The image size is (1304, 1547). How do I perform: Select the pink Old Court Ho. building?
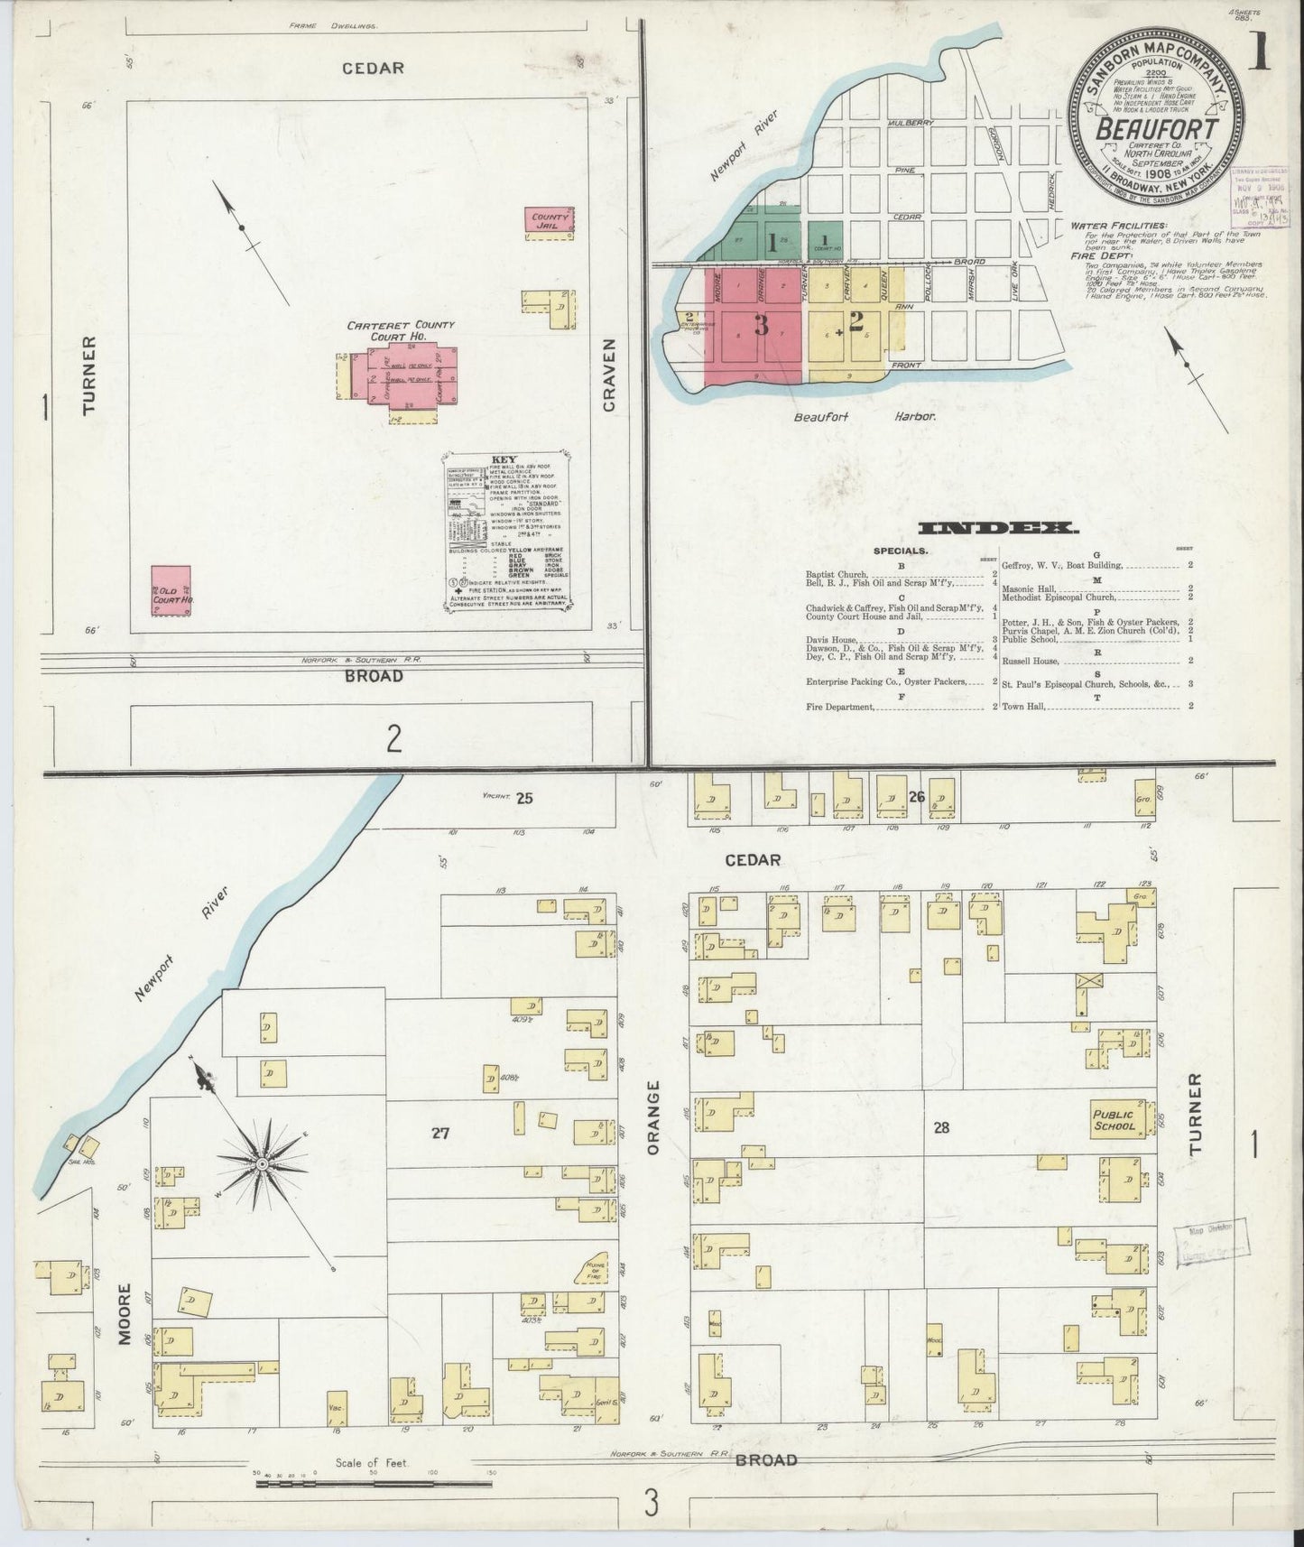point(171,591)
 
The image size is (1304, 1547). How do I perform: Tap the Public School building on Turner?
point(1115,1120)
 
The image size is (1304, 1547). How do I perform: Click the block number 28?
point(942,1128)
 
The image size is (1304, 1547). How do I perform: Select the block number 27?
point(440,1134)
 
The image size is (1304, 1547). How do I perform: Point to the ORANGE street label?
point(655,1118)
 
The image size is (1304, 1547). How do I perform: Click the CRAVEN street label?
point(609,375)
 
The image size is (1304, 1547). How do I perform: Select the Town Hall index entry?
point(1023,706)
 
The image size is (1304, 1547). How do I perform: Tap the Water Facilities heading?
point(1119,225)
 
